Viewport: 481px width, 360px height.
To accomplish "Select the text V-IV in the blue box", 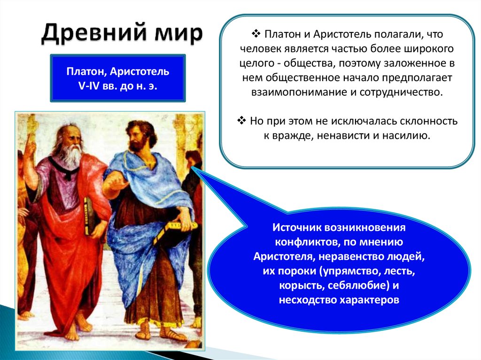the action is click(89, 86).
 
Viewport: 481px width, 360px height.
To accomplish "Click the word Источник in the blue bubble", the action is click(296, 228).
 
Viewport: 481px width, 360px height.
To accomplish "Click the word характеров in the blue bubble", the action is click(369, 299).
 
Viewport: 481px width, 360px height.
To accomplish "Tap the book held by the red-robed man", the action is click(88, 216).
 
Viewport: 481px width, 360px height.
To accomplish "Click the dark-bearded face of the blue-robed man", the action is click(138, 138).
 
